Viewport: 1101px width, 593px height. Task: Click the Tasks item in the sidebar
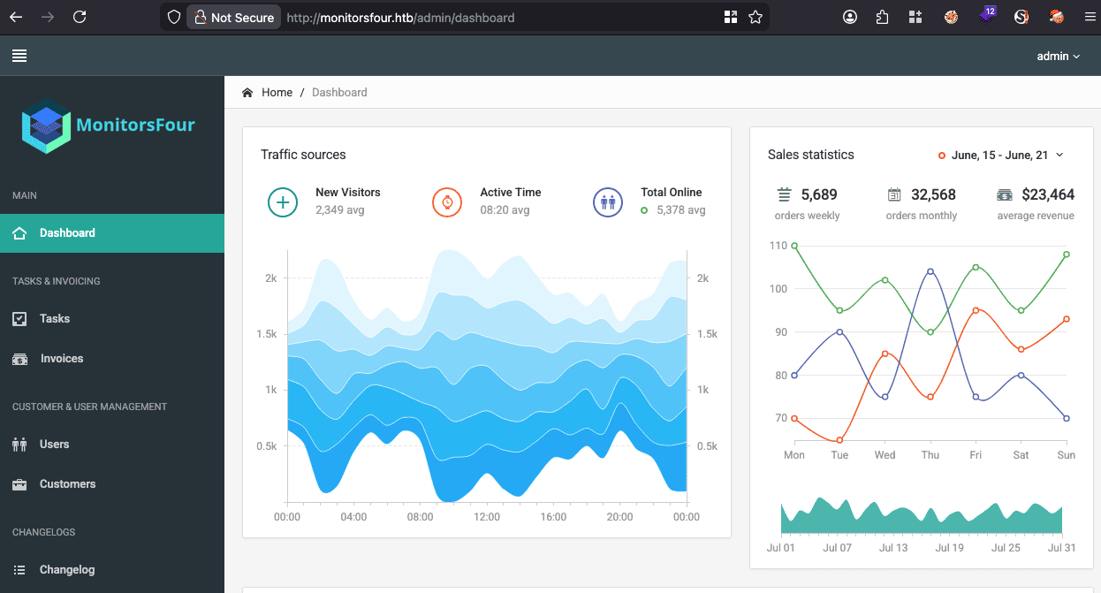point(55,319)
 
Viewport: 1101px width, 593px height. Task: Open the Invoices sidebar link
point(62,359)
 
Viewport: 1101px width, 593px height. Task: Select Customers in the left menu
point(67,483)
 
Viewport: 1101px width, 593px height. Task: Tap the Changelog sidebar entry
point(67,569)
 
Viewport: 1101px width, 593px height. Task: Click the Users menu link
point(54,444)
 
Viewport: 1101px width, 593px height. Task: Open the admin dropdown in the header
point(1059,56)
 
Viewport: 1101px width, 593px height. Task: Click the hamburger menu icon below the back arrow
point(19,56)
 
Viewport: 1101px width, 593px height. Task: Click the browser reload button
point(80,17)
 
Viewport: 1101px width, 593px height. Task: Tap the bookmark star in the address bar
point(756,17)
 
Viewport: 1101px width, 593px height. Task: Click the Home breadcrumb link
point(277,93)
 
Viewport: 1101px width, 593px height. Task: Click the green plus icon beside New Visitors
point(283,202)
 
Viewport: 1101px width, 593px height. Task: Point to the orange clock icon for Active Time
point(447,202)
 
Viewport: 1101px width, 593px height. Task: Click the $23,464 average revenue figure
point(1048,194)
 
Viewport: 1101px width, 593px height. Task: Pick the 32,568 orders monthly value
point(933,194)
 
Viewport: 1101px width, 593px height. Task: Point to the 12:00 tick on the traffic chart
point(487,517)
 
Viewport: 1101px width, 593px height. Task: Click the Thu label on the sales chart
point(930,455)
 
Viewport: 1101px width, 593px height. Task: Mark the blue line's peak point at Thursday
point(930,271)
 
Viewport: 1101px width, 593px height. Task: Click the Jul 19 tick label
point(949,548)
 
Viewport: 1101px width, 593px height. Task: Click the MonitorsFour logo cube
point(46,126)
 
